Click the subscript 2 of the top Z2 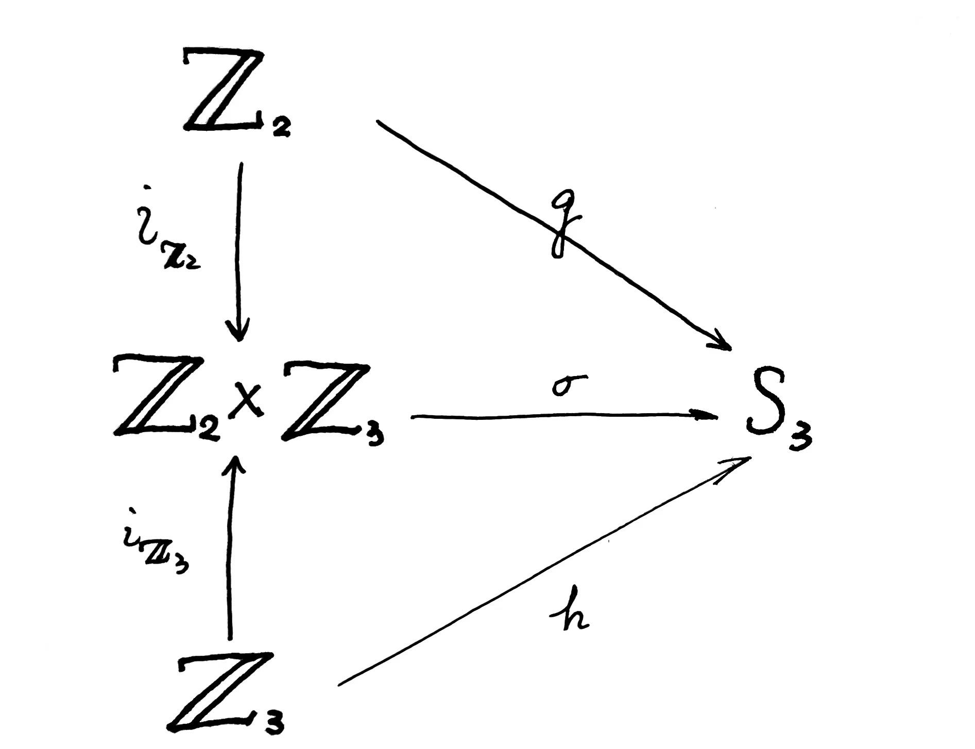pos(281,127)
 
